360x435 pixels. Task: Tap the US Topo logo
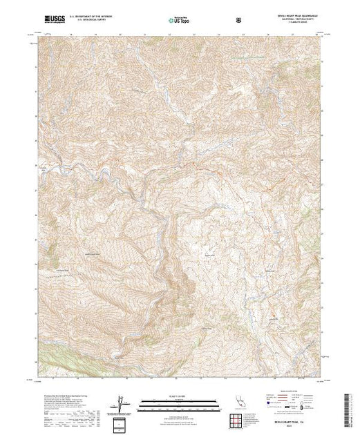179,21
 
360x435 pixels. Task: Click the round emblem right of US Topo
239,21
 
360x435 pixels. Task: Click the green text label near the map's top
251,56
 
